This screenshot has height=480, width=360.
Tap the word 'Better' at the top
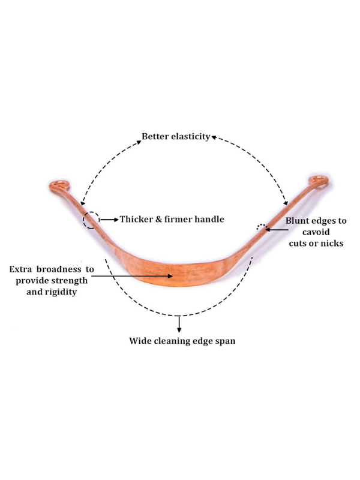154,136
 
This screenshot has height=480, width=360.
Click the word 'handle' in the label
208,220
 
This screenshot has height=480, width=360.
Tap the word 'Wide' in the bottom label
140,341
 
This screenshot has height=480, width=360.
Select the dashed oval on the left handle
91,220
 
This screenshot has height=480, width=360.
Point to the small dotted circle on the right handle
260,227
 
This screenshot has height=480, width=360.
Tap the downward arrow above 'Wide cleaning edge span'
179,324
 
